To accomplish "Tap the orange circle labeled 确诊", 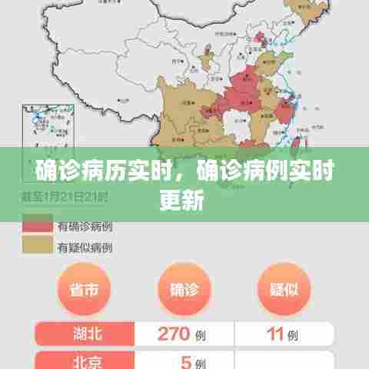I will [x=184, y=289].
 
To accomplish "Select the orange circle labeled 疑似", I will [x=284, y=289].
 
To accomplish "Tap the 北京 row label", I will [x=85, y=361].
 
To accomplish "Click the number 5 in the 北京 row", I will [x=184, y=361].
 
